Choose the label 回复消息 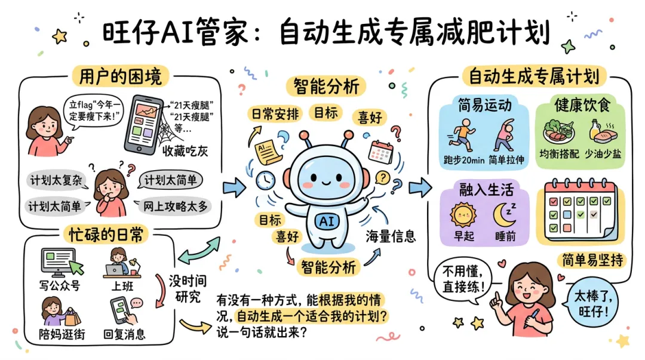click(x=124, y=334)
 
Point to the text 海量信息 click(x=390, y=236)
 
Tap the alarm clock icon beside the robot click(x=265, y=179)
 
